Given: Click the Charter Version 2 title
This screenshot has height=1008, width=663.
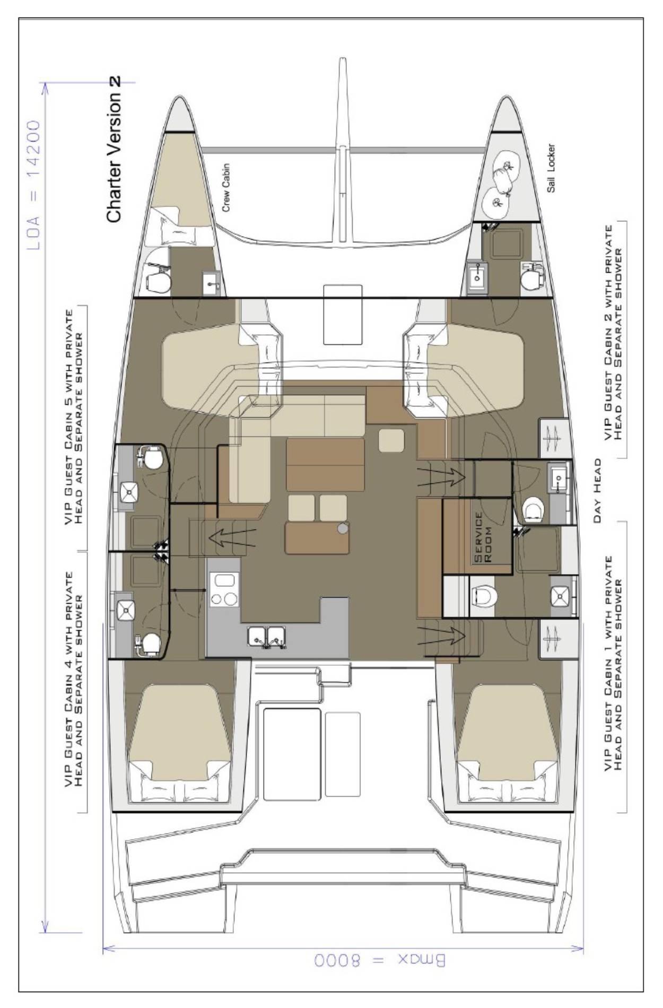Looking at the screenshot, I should click(x=114, y=149).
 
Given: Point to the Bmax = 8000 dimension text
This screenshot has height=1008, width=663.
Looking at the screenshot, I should click(x=380, y=961).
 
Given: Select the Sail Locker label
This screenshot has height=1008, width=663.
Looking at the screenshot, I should click(x=552, y=168).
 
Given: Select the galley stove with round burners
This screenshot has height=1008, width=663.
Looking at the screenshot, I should click(x=224, y=589).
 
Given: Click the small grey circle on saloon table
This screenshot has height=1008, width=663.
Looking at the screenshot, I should click(x=343, y=528).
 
